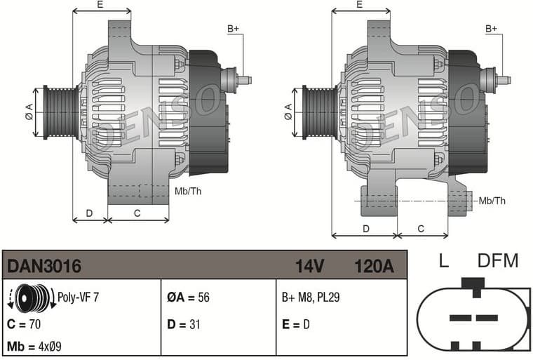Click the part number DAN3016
(44, 267)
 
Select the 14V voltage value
(309, 267)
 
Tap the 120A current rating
(374, 267)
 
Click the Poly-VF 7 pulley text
(78, 298)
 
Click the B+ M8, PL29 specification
(311, 298)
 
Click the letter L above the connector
(443, 262)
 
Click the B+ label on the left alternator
(233, 29)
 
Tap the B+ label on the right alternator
(491, 29)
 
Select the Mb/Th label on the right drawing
(492, 201)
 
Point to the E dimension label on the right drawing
(359, 5)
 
